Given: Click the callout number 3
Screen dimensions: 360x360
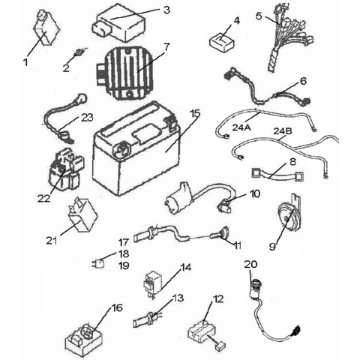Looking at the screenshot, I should [166, 10].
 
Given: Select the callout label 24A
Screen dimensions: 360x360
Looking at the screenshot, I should [241, 128].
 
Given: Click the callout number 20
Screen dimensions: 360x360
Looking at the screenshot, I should [250, 264].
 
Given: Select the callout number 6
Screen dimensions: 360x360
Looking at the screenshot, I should [303, 81].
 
